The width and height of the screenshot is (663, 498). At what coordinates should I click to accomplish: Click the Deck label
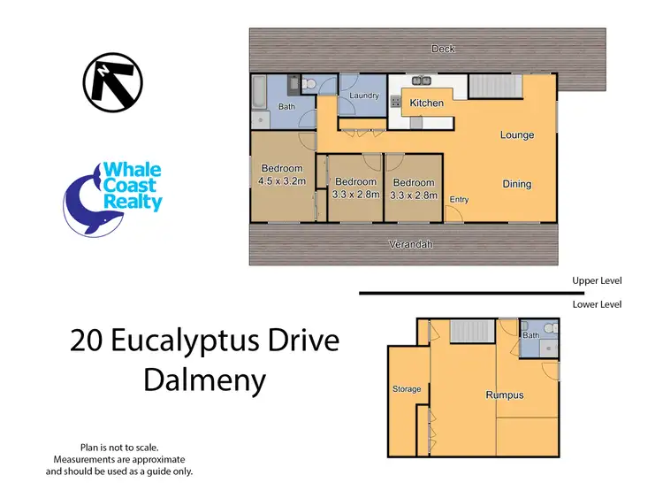(x=443, y=49)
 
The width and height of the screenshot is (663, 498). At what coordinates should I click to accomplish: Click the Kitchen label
(x=426, y=103)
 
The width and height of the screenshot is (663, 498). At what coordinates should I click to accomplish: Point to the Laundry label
(x=364, y=96)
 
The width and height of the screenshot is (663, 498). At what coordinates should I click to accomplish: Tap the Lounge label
(x=517, y=135)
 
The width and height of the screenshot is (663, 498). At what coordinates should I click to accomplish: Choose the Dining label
(x=517, y=184)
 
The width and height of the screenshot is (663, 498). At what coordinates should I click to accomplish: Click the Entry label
(x=459, y=200)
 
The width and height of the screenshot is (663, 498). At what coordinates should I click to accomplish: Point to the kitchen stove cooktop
(x=395, y=103)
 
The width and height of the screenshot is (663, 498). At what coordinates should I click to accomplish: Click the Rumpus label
(x=504, y=395)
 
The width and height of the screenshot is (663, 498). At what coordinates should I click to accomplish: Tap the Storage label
(x=407, y=389)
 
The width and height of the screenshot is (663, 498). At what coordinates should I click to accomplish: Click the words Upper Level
(x=597, y=280)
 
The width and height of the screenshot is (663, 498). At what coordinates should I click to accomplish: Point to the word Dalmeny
(x=204, y=381)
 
